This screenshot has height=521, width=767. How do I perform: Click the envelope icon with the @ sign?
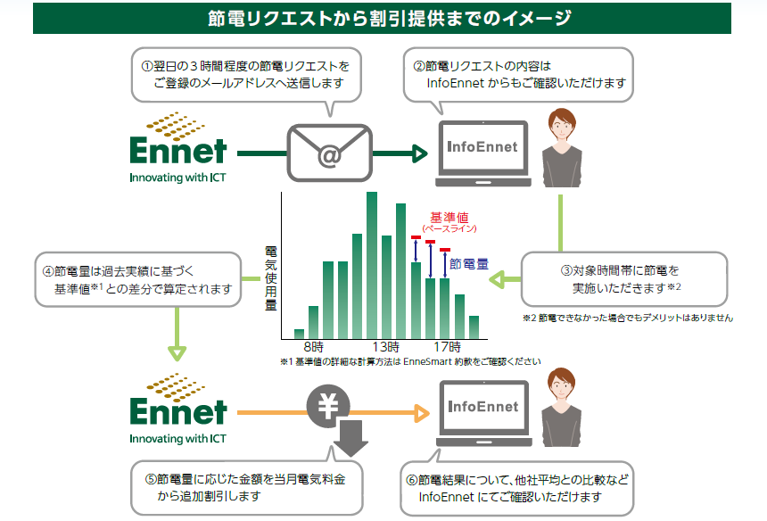tap(327, 153)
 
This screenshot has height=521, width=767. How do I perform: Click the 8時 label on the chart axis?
tap(313, 346)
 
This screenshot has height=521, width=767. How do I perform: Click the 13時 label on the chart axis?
tap(386, 346)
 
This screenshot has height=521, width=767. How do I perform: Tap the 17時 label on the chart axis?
tap(447, 346)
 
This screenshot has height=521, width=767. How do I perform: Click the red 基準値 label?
tap(449, 218)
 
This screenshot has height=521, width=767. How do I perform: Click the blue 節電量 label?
tap(469, 264)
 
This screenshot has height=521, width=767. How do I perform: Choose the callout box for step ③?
tap(624, 278)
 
